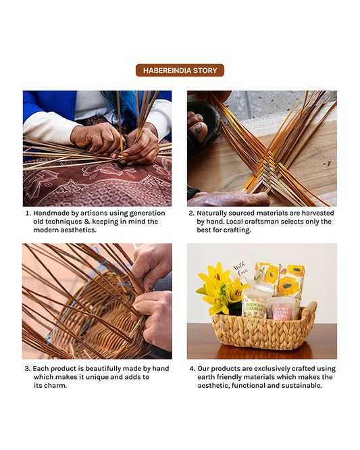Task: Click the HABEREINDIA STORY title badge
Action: pyautogui.click(x=180, y=70)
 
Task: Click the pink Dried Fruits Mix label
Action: pyautogui.click(x=282, y=312)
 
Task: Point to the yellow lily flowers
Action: pyautogui.click(x=220, y=287)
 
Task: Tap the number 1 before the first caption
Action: pyautogui.click(x=28, y=213)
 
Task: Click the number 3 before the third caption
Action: pyautogui.click(x=28, y=369)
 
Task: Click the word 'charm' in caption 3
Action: pyautogui.click(x=58, y=386)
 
